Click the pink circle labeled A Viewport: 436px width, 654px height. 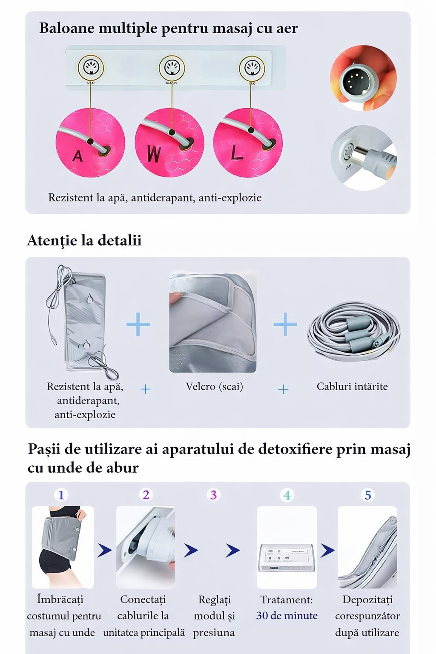(x=90, y=143)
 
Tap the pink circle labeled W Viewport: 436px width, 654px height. (x=169, y=143)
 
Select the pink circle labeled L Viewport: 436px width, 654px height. (x=248, y=143)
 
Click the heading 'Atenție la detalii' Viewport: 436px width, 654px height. (x=84, y=241)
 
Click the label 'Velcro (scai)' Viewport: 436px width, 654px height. (x=214, y=387)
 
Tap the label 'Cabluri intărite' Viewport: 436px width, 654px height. (x=352, y=387)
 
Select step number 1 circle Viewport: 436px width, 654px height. (x=61, y=495)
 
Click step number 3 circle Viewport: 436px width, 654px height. (x=213, y=495)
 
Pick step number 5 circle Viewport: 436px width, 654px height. (x=368, y=495)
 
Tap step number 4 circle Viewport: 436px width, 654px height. (x=287, y=495)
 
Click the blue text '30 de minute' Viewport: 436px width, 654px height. (x=287, y=616)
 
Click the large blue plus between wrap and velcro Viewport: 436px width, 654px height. (x=138, y=324)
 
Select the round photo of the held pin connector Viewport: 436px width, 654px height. (x=363, y=78)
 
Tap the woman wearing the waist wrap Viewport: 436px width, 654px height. (x=63, y=547)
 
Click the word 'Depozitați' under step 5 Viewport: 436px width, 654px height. (x=367, y=599)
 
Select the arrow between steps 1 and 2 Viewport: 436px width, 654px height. (x=104, y=551)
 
